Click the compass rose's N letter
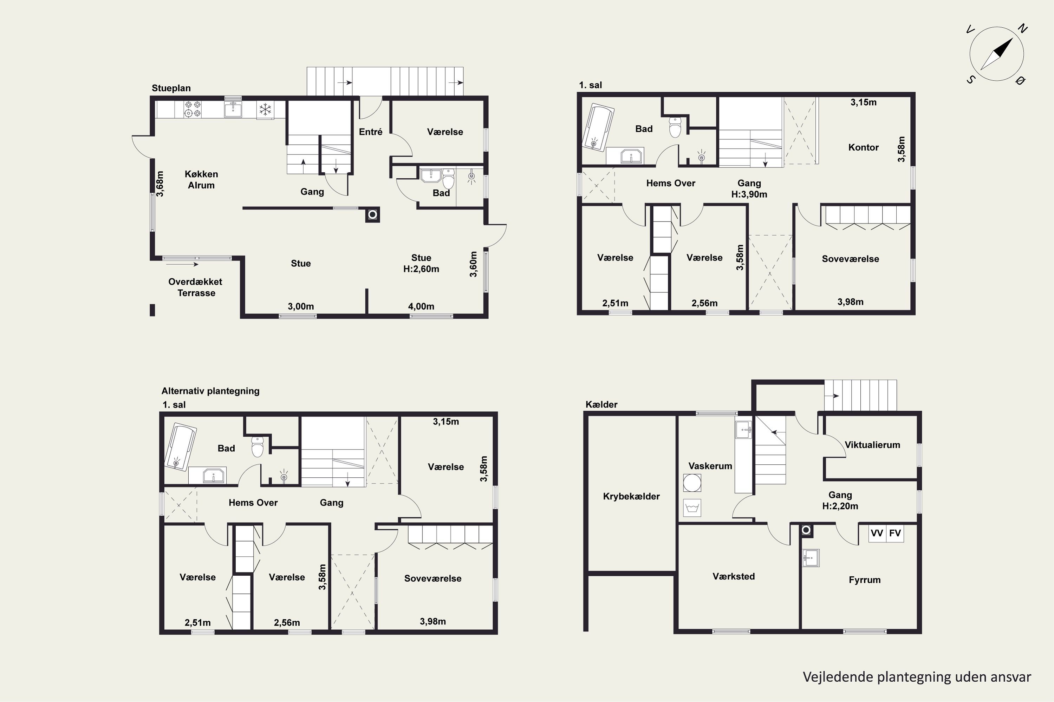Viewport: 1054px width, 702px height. pyautogui.click(x=1022, y=29)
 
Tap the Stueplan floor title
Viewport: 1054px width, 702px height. pyautogui.click(x=171, y=88)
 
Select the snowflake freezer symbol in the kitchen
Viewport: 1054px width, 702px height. pyautogui.click(x=265, y=110)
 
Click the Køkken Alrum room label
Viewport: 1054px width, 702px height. pyautogui.click(x=201, y=179)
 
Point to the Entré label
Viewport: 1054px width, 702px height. pyautogui.click(x=371, y=132)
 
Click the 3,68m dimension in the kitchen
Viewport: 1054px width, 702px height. pyautogui.click(x=160, y=184)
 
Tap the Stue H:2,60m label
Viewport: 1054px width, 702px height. pyautogui.click(x=421, y=263)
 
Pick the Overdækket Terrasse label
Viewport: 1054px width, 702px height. pyautogui.click(x=195, y=287)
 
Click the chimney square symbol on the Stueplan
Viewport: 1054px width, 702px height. pyautogui.click(x=372, y=215)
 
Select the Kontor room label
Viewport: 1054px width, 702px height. pyautogui.click(x=864, y=147)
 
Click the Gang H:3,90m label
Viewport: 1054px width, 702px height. pyautogui.click(x=749, y=188)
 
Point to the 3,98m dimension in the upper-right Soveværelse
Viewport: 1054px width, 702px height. pyautogui.click(x=851, y=302)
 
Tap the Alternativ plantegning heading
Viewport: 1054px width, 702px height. pyautogui.click(x=210, y=391)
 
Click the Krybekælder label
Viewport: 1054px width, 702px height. pyautogui.click(x=631, y=496)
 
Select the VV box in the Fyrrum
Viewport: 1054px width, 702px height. pyautogui.click(x=877, y=533)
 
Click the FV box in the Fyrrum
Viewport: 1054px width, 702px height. pyautogui.click(x=895, y=533)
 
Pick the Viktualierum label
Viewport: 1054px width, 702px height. pyautogui.click(x=872, y=445)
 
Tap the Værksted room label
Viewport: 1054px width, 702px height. pyautogui.click(x=734, y=576)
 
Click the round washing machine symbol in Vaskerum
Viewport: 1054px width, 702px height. pyautogui.click(x=692, y=483)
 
